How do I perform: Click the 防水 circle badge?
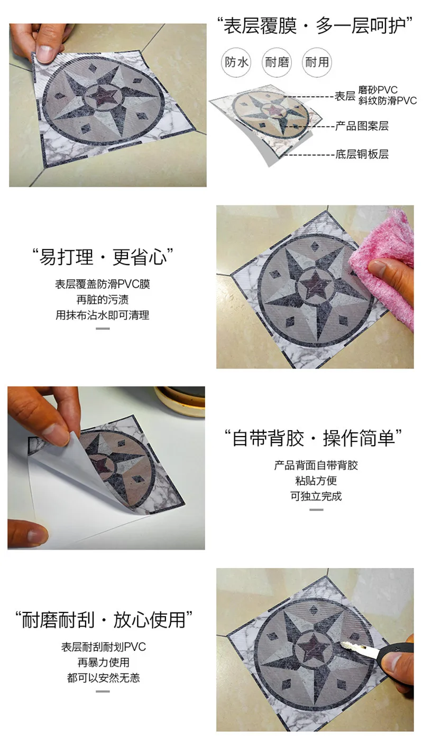pyautogui.click(x=236, y=62)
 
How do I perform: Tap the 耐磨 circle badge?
pyautogui.click(x=277, y=62)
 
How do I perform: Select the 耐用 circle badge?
pyautogui.click(x=317, y=62)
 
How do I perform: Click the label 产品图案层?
pyautogui.click(x=362, y=126)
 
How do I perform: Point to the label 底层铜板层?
pyautogui.click(x=362, y=154)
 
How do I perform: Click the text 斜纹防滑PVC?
pyautogui.click(x=388, y=101)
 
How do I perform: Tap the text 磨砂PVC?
pyautogui.click(x=378, y=90)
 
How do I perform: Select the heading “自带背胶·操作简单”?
pyautogui.click(x=313, y=438)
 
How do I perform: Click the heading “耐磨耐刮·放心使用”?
pyautogui.click(x=104, y=620)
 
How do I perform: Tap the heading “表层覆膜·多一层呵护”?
pyautogui.click(x=315, y=26)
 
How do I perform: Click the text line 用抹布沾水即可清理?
pyautogui.click(x=102, y=315)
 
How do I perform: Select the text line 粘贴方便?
pyautogui.click(x=316, y=481)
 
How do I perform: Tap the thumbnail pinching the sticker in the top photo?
pyautogui.click(x=45, y=53)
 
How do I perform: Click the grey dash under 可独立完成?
pyautogui.click(x=316, y=509)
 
